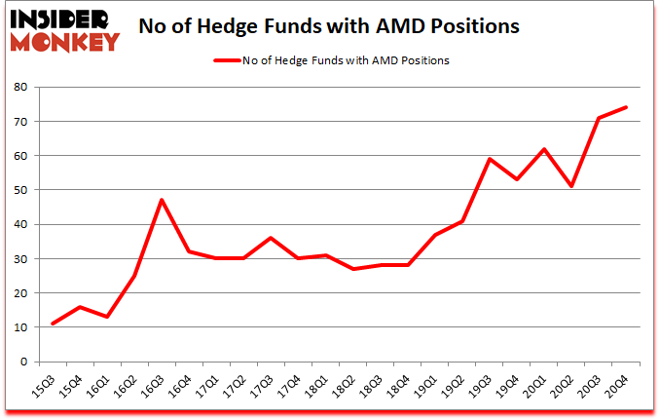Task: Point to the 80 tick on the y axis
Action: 20,88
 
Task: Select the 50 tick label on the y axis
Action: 20,190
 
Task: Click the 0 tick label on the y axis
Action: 24,362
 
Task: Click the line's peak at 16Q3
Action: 162,200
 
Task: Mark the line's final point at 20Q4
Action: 626,107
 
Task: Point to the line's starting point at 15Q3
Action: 53,324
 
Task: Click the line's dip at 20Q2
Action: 571,186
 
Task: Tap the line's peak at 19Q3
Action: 490,159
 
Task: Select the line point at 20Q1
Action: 544,149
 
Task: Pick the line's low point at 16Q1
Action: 107,317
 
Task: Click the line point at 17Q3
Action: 271,238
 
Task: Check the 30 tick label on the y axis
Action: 20,259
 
